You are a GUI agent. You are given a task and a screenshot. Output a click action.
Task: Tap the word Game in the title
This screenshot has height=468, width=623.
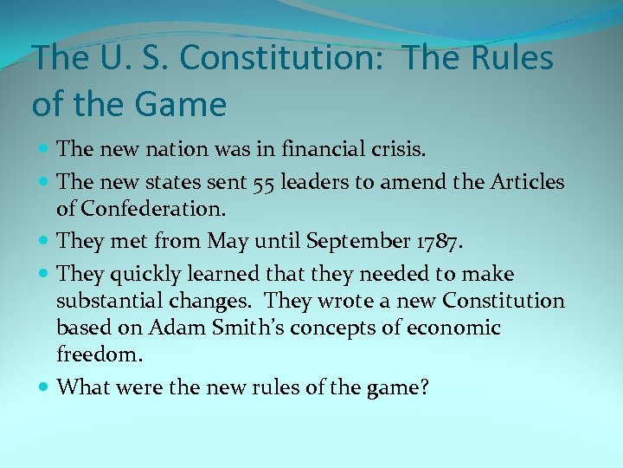coord(180,105)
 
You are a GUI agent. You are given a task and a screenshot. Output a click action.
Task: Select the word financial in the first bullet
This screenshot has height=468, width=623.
coord(319,150)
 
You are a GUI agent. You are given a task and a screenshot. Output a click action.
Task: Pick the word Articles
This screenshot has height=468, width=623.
coord(528,182)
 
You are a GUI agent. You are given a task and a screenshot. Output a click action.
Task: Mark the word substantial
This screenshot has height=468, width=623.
coord(108,302)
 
